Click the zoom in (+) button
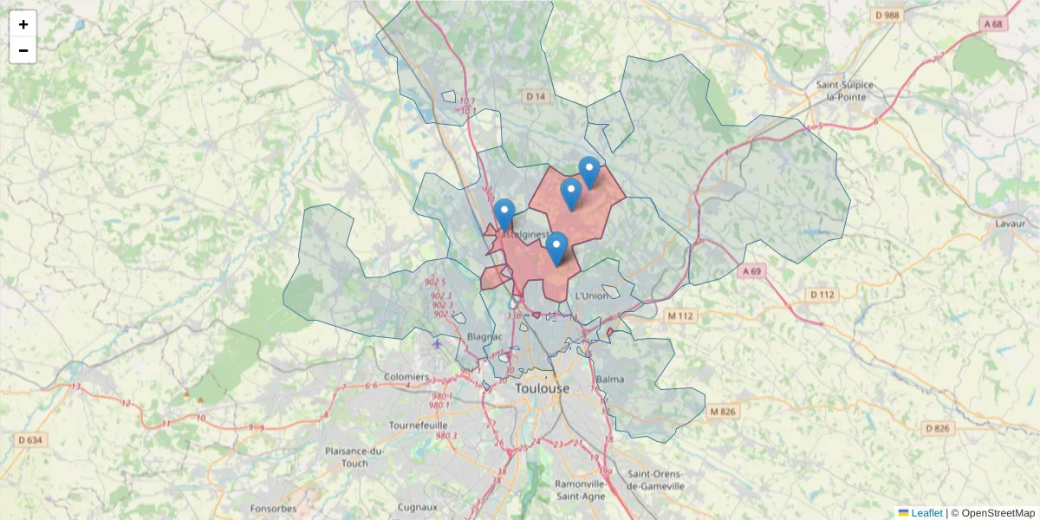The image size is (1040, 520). (23, 24)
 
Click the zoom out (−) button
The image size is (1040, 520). (23, 50)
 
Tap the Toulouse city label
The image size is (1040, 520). (543, 388)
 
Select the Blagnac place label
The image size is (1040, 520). (484, 336)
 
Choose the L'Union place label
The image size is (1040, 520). (592, 296)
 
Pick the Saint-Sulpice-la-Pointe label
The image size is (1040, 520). (845, 90)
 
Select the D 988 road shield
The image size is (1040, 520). (887, 15)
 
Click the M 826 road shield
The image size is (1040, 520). (722, 411)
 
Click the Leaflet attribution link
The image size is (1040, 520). (926, 513)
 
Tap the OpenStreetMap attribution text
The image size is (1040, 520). (998, 513)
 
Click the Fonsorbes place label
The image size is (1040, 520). (273, 509)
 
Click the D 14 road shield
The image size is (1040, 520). (536, 97)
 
